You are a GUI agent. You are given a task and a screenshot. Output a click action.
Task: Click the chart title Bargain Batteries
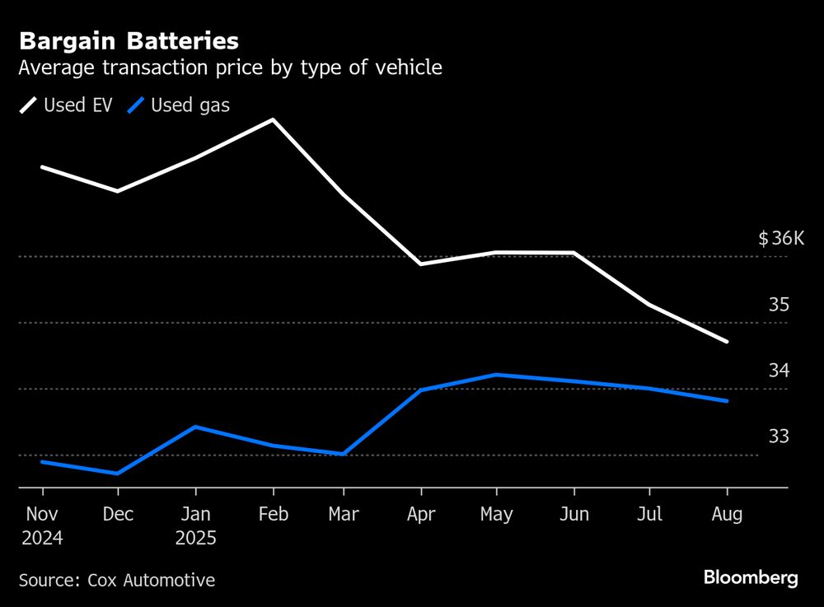tap(129, 41)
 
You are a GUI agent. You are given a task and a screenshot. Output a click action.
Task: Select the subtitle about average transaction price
tap(230, 68)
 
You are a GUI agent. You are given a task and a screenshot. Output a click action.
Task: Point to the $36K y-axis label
tap(780, 240)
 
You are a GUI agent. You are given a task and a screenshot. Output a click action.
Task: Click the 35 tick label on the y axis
tap(779, 306)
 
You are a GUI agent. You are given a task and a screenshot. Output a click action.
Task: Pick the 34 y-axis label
tap(779, 371)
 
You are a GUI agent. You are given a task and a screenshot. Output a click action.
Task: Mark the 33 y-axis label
tap(779, 437)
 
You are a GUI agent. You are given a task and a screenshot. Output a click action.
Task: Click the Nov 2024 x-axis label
tap(41, 526)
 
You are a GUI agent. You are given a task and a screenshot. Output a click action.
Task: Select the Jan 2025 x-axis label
tap(194, 526)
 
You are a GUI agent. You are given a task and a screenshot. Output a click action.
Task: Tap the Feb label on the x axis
tap(273, 515)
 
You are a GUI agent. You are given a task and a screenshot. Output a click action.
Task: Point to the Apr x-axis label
tap(420, 515)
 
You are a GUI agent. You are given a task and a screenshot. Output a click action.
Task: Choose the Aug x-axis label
tap(727, 515)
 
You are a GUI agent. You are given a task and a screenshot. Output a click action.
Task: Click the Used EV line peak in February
tap(272, 120)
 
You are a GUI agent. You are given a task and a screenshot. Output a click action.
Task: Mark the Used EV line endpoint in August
tap(727, 341)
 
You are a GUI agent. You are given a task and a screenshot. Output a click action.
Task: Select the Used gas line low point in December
tap(118, 474)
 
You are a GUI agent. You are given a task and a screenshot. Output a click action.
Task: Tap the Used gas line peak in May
tap(494, 375)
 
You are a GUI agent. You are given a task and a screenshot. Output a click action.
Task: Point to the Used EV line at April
tap(420, 264)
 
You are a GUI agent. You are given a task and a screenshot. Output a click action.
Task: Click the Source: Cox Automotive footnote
tap(116, 581)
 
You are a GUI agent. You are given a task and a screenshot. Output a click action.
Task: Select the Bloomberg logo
tap(751, 578)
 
